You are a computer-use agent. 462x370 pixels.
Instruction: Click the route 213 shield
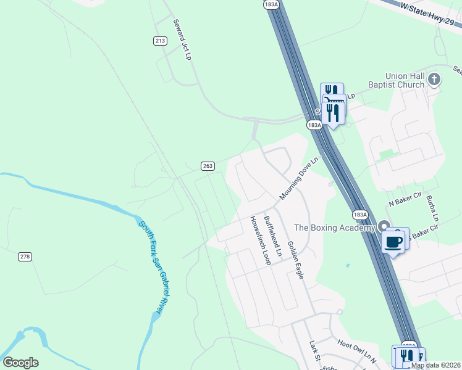tap(161, 41)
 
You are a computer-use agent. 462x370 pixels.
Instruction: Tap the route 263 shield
tap(208, 166)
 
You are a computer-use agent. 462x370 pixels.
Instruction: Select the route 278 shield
tap(25, 257)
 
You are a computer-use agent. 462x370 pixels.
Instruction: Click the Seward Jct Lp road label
tap(182, 38)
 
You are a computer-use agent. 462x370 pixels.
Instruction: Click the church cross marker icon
tap(435, 80)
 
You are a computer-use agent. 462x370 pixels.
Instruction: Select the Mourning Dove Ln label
tap(298, 178)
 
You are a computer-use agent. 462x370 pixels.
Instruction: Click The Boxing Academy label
tap(334, 228)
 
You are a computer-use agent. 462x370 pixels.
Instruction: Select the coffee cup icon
tap(393, 241)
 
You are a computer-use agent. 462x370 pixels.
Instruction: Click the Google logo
tap(20, 363)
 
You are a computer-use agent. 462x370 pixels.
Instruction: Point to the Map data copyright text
tap(435, 365)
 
